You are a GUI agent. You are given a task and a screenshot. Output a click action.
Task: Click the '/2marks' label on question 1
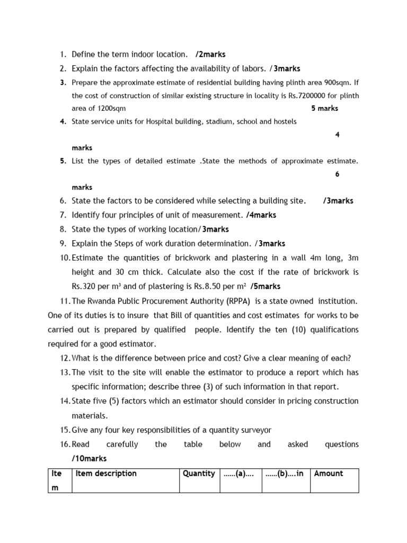click(x=210, y=54)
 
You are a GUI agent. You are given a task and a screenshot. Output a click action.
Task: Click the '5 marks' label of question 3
click(x=324, y=108)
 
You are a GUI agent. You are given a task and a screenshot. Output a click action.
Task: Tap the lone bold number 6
click(x=337, y=174)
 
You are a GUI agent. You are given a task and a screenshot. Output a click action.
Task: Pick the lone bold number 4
click(x=337, y=135)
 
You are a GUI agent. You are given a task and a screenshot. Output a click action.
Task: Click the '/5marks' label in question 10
click(x=266, y=286)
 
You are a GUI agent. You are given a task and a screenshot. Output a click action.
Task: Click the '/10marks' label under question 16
click(x=89, y=458)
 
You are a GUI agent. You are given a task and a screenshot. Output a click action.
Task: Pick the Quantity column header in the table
click(x=199, y=474)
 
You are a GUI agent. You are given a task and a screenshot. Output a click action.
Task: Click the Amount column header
click(x=329, y=474)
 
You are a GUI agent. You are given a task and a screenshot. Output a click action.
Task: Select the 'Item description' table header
click(x=106, y=474)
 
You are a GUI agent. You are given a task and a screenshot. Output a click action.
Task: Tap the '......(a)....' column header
click(x=238, y=474)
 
